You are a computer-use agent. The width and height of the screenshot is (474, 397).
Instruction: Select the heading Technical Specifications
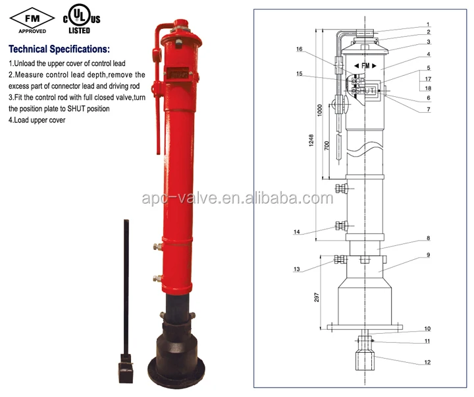59,49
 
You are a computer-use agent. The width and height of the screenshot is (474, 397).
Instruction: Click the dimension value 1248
310,141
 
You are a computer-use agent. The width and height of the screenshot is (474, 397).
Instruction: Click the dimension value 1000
319,111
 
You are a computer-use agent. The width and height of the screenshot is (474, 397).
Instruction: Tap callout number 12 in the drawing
427,362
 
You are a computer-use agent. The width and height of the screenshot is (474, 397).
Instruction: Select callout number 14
297,232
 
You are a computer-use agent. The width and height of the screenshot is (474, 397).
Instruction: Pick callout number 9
427,255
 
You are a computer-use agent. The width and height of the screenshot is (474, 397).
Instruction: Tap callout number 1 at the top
427,24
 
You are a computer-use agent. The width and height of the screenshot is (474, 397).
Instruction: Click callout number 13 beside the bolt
297,269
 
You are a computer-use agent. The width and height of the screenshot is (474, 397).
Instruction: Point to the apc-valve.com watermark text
237,198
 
